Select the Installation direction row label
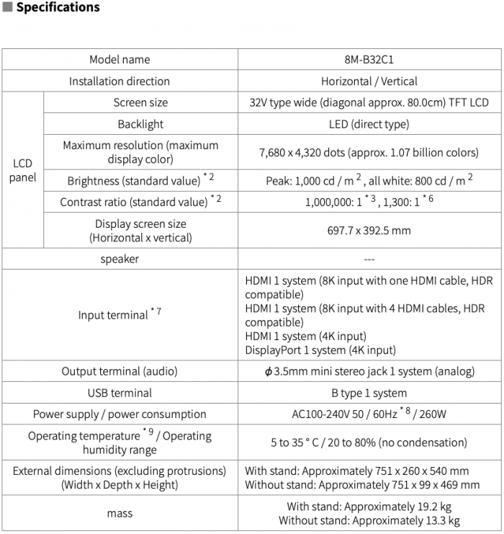(x=120, y=81)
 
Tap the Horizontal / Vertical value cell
(x=369, y=81)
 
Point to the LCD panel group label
(x=22, y=170)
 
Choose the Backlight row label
(x=140, y=124)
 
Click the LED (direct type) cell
(x=369, y=124)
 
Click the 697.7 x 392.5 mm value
(x=369, y=231)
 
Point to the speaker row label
(x=120, y=258)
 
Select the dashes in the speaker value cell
(x=369, y=258)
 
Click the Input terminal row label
(x=114, y=315)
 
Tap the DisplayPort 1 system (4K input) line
(x=320, y=350)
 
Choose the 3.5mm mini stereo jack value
(x=369, y=372)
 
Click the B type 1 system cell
(x=369, y=393)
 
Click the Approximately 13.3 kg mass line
(x=369, y=520)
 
